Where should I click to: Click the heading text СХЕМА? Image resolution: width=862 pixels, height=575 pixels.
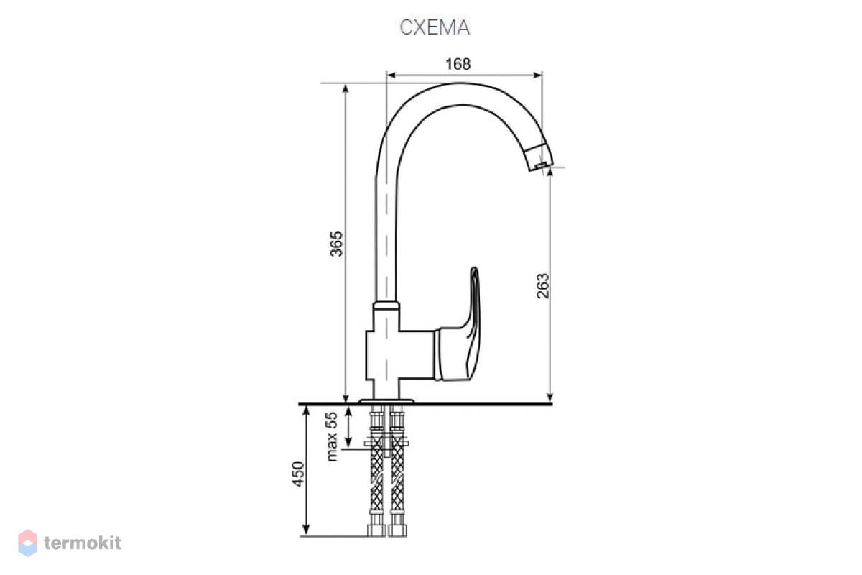pyautogui.click(x=435, y=27)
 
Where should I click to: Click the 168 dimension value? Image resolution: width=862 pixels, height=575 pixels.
pyautogui.click(x=458, y=64)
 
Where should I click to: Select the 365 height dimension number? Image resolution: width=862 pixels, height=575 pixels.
pyautogui.click(x=336, y=244)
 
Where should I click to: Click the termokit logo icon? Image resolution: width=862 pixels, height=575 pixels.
pyautogui.click(x=27, y=543)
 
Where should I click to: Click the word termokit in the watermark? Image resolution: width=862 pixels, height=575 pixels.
pyautogui.click(x=83, y=543)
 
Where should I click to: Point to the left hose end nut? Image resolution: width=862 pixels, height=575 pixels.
pyautogui.click(x=376, y=531)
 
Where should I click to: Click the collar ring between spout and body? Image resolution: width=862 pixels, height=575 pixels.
pyautogui.click(x=386, y=305)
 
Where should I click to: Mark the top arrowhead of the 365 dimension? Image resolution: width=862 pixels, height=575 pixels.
pyautogui.click(x=346, y=88)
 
